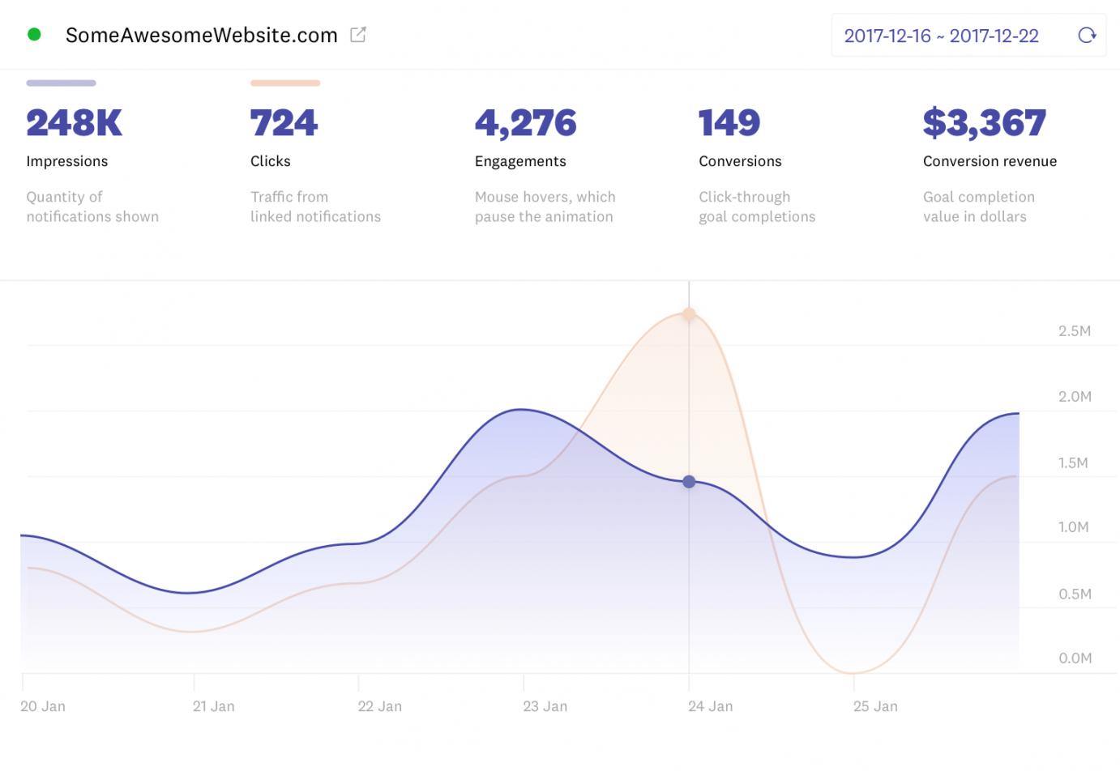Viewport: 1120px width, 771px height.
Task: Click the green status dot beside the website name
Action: [34, 35]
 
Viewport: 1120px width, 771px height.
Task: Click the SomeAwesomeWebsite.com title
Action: [201, 36]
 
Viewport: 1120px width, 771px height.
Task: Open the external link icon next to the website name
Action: [357, 35]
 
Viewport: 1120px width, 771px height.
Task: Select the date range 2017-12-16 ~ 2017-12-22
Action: [941, 36]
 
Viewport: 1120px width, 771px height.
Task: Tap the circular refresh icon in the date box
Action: [1087, 36]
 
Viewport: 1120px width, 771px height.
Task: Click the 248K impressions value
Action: [74, 123]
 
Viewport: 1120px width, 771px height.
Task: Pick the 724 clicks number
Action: [284, 123]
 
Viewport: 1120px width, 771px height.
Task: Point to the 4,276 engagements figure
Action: [525, 123]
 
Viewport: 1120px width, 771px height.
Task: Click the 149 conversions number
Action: [729, 123]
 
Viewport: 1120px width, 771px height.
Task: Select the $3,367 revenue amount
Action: [984, 123]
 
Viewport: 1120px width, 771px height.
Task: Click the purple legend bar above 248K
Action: [61, 83]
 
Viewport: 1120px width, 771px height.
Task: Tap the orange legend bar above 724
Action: [285, 83]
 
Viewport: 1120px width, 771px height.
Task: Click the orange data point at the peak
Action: [689, 313]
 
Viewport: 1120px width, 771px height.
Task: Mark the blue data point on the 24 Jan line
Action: [689, 482]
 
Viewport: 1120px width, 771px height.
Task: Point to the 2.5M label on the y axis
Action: [1074, 330]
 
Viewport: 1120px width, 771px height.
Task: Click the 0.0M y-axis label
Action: [1075, 658]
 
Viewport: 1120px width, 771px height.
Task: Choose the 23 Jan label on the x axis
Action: [545, 706]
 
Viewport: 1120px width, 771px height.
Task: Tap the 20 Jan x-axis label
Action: [43, 706]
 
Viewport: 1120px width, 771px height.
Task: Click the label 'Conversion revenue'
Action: [990, 161]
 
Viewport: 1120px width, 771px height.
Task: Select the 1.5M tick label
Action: [1073, 462]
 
